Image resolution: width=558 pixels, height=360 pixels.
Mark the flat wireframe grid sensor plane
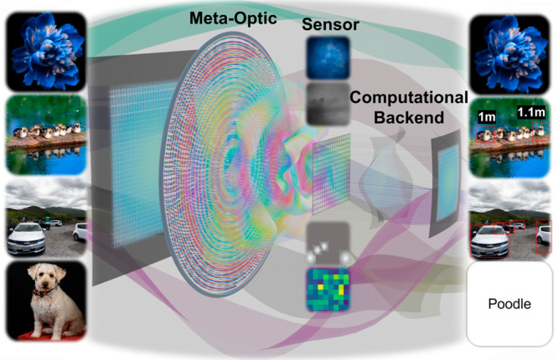335,176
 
